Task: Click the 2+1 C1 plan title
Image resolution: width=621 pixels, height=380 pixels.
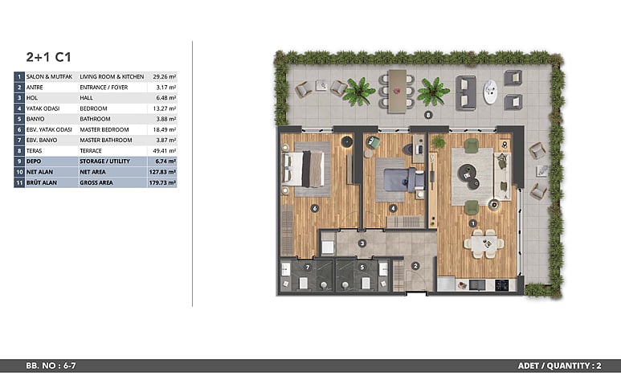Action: coord(49,57)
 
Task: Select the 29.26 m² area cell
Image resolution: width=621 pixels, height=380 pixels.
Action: coord(165,76)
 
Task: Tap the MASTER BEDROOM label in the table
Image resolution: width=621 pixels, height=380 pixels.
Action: coord(104,129)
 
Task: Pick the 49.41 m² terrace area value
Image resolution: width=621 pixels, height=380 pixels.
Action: coord(165,150)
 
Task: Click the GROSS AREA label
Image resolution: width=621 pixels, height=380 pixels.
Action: coord(96,182)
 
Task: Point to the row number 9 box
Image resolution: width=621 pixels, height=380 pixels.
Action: coord(19,161)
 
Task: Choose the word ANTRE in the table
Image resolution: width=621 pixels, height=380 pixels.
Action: coord(35,88)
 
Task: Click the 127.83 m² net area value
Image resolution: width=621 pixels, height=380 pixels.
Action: coord(162,172)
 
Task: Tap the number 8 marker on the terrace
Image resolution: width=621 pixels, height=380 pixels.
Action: coord(427,116)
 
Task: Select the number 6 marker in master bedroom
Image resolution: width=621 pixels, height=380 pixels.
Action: coord(314,208)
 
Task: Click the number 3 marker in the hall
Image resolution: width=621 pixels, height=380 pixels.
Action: coord(362,243)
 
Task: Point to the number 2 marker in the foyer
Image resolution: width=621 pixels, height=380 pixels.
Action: coord(415,266)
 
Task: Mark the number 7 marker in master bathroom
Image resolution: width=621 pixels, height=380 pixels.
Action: coord(308,268)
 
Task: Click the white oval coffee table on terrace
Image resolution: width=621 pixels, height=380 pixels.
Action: coord(490,92)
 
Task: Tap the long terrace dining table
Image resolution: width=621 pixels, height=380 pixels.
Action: coord(397,92)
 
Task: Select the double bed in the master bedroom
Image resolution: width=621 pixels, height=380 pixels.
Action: coord(304,169)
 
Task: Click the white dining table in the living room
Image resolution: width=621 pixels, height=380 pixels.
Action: coord(484,243)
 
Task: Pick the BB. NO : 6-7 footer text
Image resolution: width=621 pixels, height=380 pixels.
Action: coord(51,366)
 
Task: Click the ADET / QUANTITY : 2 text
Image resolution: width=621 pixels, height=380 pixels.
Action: coord(559,366)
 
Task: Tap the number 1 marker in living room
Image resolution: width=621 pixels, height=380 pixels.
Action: coord(472,223)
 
